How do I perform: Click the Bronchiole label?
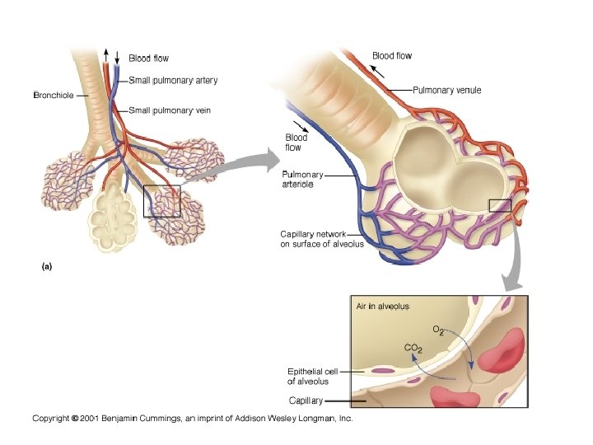tap(53, 96)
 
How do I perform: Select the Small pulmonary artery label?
tap(173, 80)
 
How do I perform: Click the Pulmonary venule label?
tap(446, 90)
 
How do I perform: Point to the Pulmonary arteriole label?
tap(302, 179)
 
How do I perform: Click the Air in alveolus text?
tap(382, 306)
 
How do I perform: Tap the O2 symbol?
tap(438, 330)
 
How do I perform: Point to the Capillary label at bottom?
tap(304, 400)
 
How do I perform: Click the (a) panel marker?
tap(46, 266)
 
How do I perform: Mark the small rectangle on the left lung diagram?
tap(161, 201)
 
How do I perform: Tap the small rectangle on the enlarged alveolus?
tap(500, 205)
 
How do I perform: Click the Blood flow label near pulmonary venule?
tap(392, 56)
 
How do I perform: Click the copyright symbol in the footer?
tap(74, 419)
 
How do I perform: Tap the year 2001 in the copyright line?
tap(91, 419)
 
